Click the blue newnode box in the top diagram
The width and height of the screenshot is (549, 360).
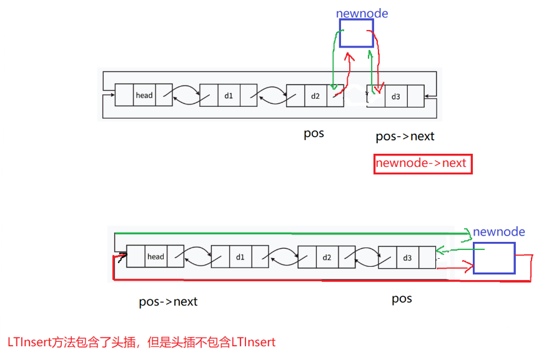coord(356,33)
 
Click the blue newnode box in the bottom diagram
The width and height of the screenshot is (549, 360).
coord(493,258)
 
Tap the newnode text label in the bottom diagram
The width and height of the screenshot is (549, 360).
coord(498,232)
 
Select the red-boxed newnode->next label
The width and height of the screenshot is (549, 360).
coord(422,163)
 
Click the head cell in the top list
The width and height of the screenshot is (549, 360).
coord(144,96)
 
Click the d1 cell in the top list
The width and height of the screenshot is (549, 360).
coord(229,96)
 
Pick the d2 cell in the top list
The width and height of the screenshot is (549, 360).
coord(315,96)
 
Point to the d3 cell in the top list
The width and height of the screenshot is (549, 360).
coord(395,96)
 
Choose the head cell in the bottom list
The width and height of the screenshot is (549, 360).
coord(156,257)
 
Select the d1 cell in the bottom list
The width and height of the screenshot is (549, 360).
coord(240,257)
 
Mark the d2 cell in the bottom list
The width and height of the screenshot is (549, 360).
coord(327,257)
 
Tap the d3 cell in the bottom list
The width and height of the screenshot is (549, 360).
coord(407,257)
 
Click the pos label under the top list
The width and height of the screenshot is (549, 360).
coord(314,133)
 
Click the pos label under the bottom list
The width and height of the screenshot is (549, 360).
coord(402,299)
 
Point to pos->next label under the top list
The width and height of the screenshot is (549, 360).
coord(405,136)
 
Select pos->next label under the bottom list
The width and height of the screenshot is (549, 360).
coord(168,302)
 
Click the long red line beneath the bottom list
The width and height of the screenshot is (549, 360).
coord(312,280)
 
